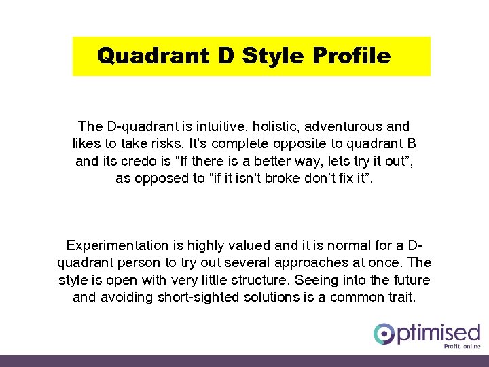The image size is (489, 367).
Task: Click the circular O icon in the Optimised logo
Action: pos(384,334)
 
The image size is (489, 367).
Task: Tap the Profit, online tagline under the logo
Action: pos(461,346)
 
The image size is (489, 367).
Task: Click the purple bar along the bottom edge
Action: pos(244,360)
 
